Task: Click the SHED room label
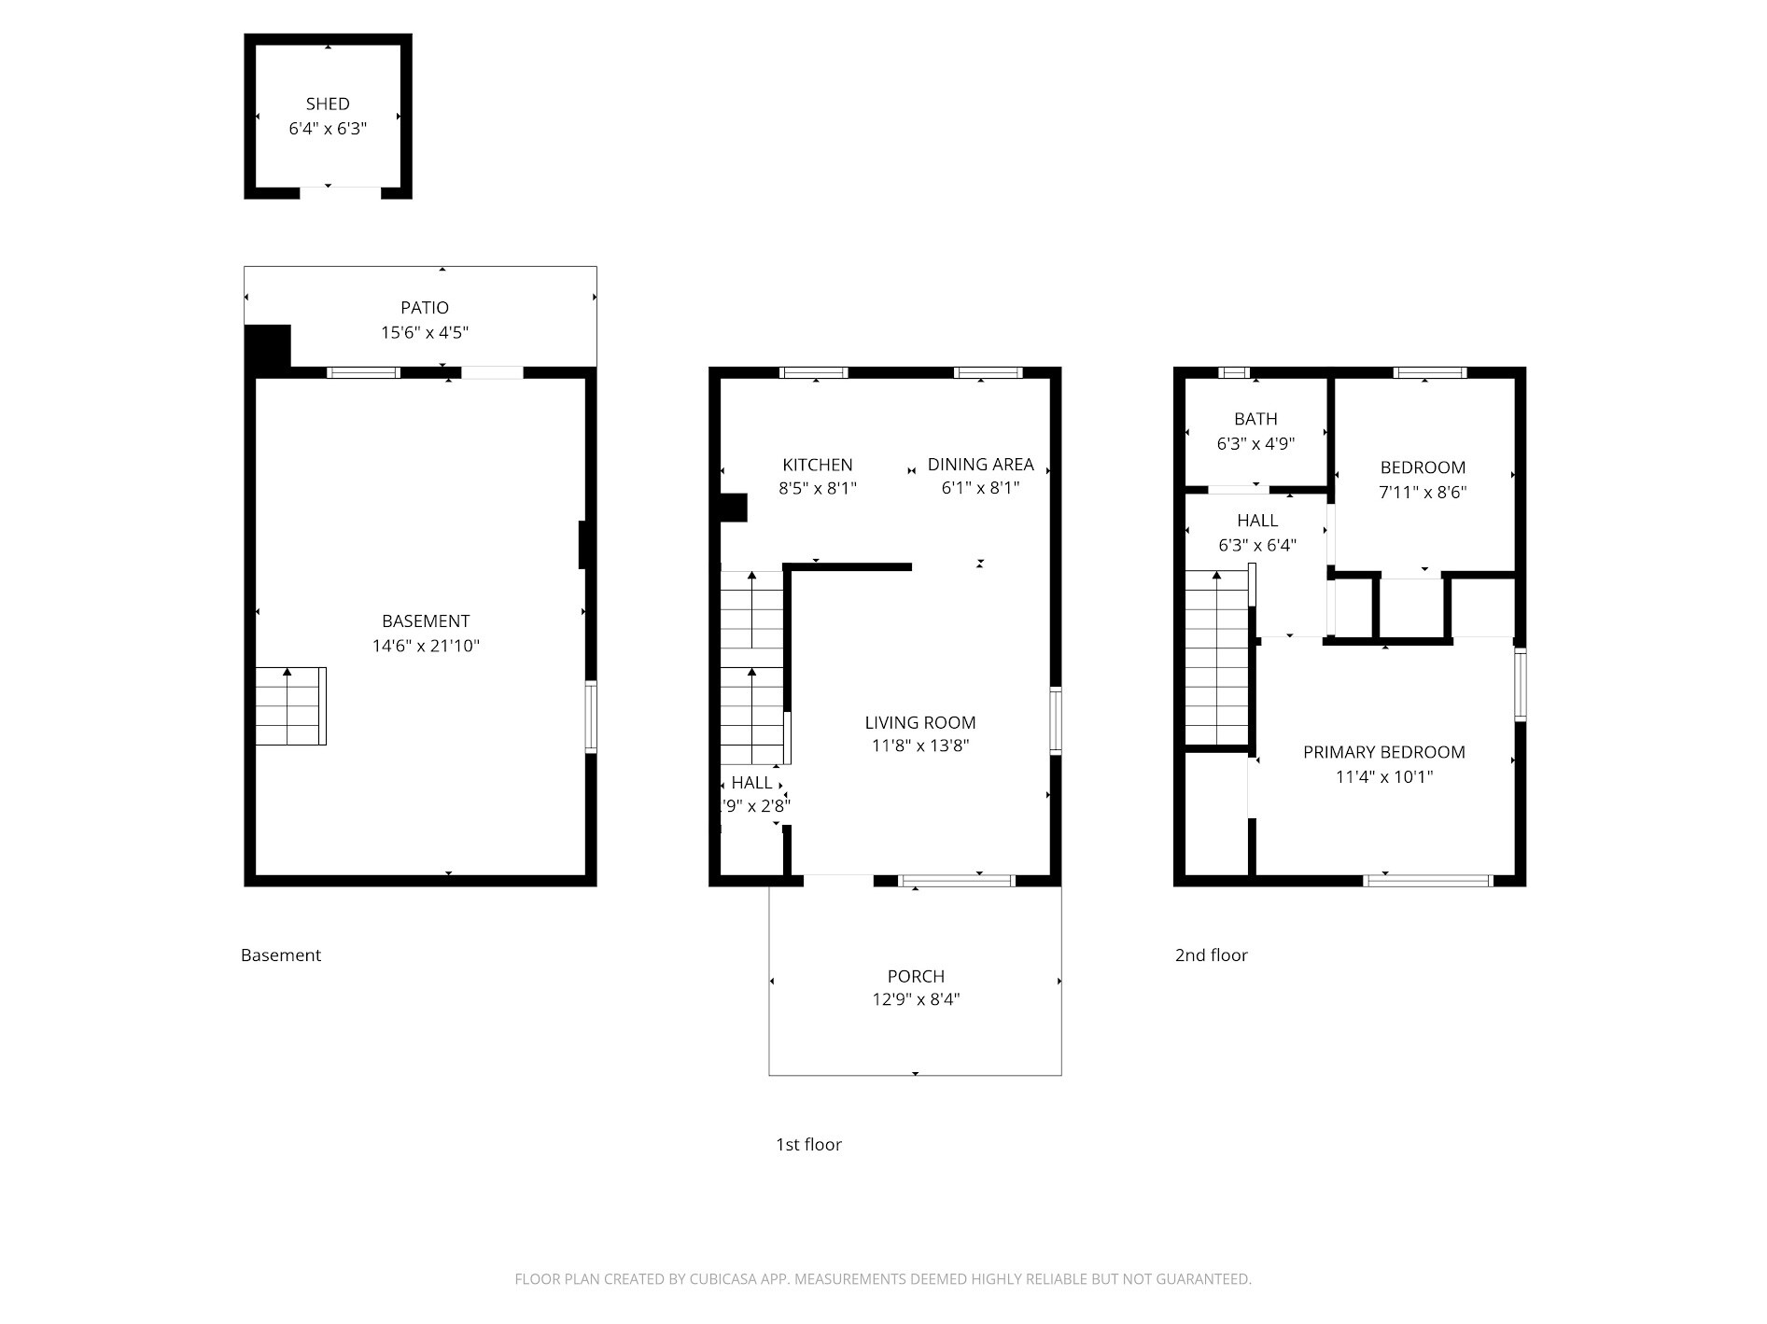(328, 104)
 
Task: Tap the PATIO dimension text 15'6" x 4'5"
(425, 332)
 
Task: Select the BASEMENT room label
(426, 620)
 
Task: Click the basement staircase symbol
(290, 706)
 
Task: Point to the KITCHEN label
(817, 465)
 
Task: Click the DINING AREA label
(980, 464)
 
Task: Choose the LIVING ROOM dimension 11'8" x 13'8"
(920, 746)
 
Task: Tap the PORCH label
(915, 976)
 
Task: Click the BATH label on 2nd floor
(1255, 419)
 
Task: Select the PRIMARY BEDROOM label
(1383, 752)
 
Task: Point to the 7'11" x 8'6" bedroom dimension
(1423, 492)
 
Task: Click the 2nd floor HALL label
(1257, 521)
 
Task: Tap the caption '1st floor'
(808, 1144)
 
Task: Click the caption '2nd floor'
(1211, 955)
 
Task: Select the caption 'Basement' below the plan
(280, 955)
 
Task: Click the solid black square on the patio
(268, 347)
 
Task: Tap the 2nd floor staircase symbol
(1216, 659)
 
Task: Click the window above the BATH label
(1233, 372)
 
